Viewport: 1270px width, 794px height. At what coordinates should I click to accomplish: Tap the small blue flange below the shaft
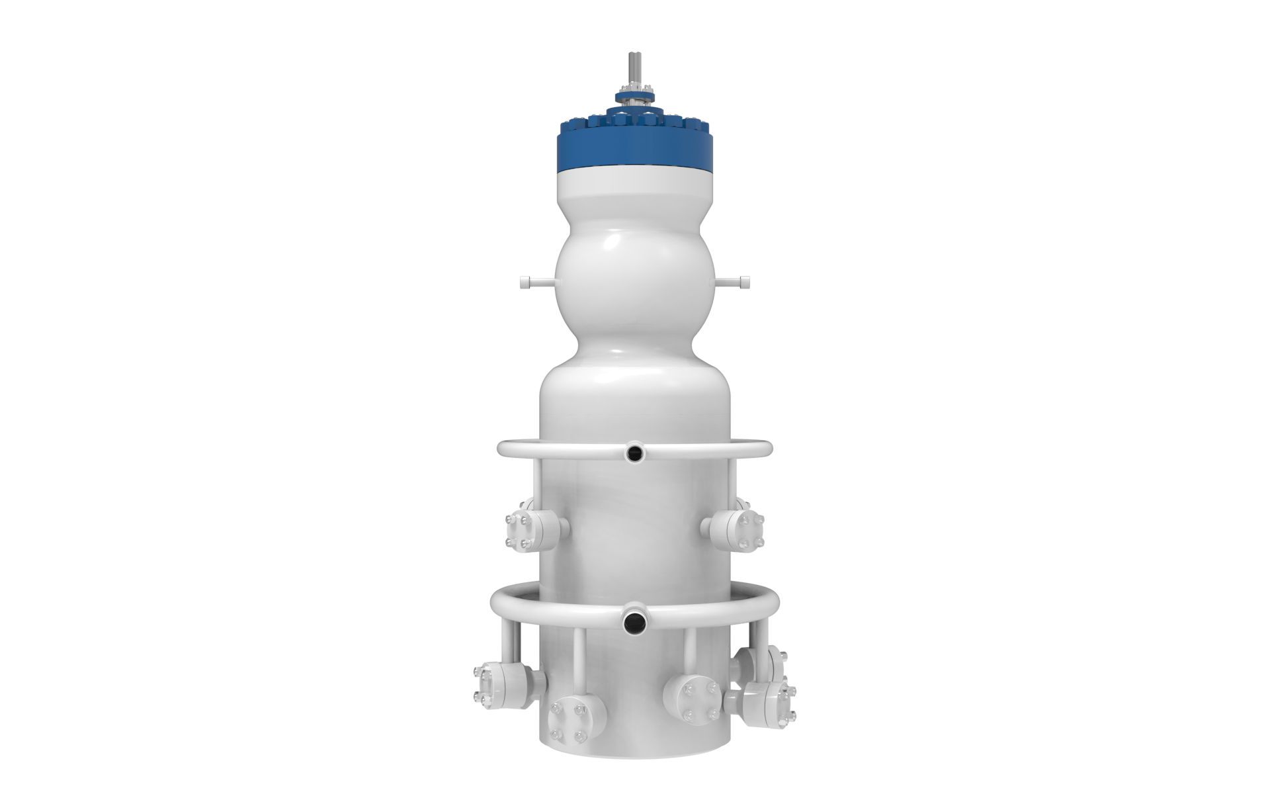pos(635,97)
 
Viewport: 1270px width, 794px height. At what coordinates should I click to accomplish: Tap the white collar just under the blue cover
pos(634,181)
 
